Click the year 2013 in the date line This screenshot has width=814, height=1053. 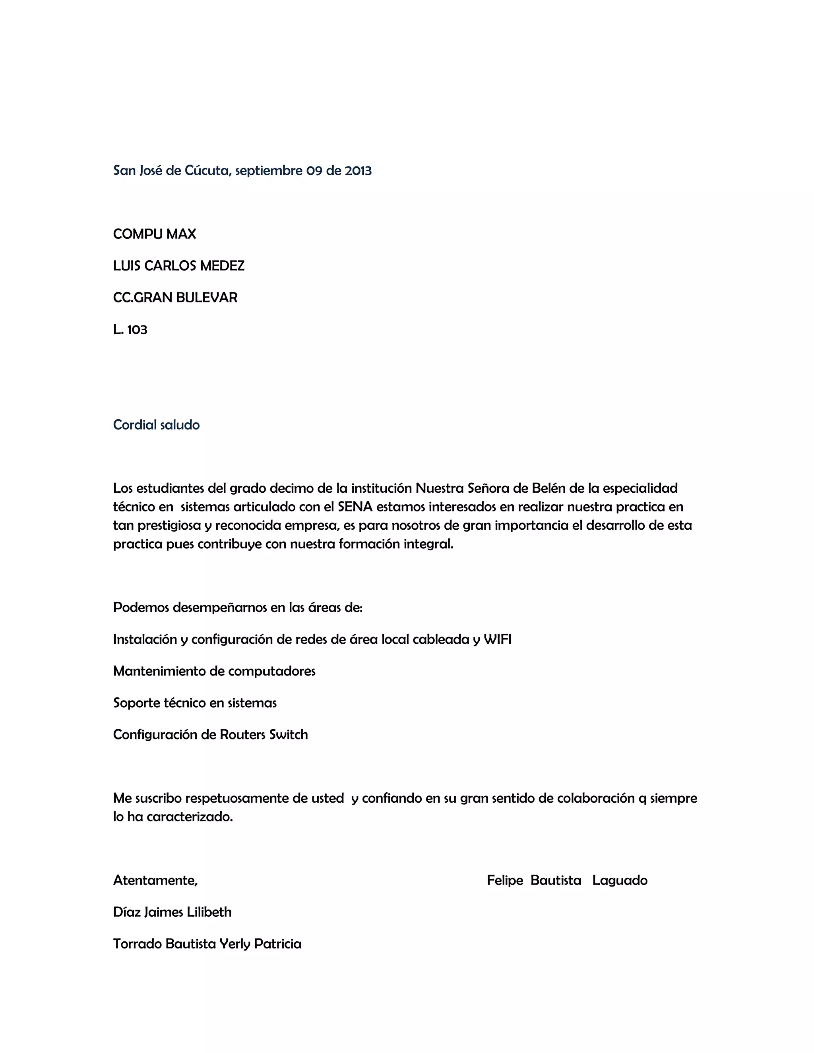pyautogui.click(x=358, y=171)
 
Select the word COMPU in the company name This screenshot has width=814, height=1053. pyautogui.click(x=136, y=234)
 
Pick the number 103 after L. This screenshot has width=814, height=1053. pyautogui.click(x=137, y=330)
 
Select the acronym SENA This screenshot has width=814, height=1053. pyautogui.click(x=355, y=507)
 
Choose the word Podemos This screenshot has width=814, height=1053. pyautogui.click(x=141, y=608)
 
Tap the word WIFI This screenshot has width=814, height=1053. pyautogui.click(x=497, y=639)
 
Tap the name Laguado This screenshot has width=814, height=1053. pyautogui.click(x=620, y=881)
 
